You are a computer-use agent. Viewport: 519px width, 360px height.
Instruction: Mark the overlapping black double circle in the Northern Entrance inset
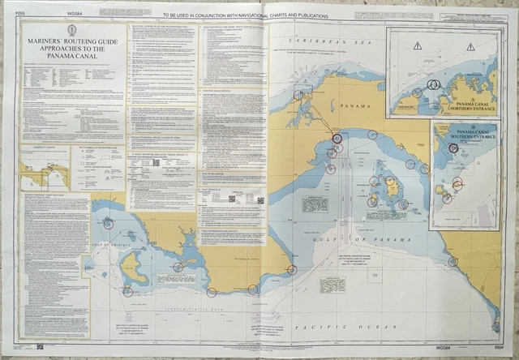click(x=432, y=84)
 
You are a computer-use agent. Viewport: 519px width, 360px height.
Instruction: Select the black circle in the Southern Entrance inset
click(x=453, y=148)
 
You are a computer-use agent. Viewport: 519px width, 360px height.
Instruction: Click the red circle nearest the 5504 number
click(x=495, y=327)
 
